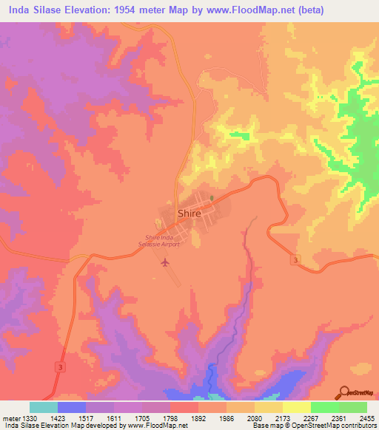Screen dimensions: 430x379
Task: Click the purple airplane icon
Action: coord(164,262)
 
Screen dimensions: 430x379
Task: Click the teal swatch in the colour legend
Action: coord(44,407)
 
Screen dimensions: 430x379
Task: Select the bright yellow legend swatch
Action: coord(296,407)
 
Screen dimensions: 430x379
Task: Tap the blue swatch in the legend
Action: coord(72,407)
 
